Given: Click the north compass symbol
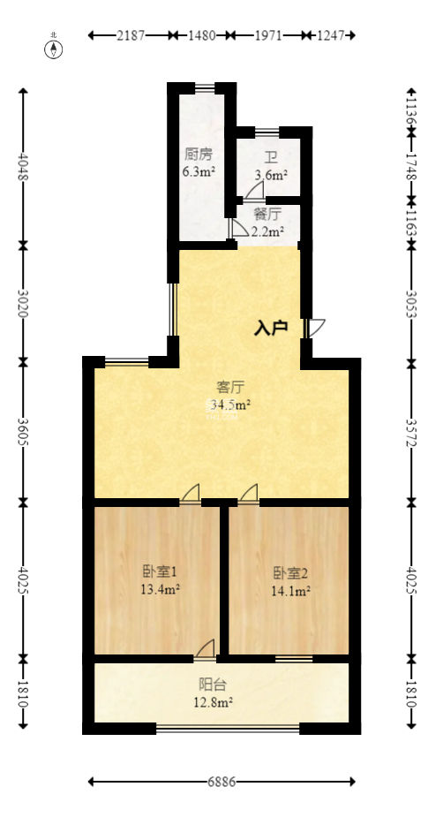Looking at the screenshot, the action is click(x=54, y=48).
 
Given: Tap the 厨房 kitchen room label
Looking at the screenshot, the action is click(x=199, y=155).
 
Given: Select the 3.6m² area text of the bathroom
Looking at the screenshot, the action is click(x=271, y=175).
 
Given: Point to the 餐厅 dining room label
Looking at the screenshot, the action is click(x=267, y=214).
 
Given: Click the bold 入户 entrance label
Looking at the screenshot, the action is click(x=271, y=329).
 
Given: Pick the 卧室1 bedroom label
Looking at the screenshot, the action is click(x=160, y=572).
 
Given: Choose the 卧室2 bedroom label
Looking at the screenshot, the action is click(x=291, y=574).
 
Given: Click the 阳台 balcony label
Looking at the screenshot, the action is click(x=213, y=685).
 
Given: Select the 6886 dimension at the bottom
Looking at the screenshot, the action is click(x=221, y=782).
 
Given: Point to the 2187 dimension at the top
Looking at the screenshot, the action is click(x=131, y=35).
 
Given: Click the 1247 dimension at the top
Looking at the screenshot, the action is click(x=331, y=35).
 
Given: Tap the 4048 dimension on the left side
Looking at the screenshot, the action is click(x=23, y=166).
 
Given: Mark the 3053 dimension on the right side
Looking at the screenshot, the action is click(x=412, y=304).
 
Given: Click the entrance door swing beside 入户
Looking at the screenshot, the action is click(x=314, y=329).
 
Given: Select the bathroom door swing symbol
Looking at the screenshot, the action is click(x=254, y=193).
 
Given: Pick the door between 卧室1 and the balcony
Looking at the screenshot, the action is click(x=205, y=649).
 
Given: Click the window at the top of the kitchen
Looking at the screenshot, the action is click(x=205, y=87).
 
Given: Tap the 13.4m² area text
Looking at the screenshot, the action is click(x=160, y=590).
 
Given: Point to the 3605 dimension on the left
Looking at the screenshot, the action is click(x=23, y=431).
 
